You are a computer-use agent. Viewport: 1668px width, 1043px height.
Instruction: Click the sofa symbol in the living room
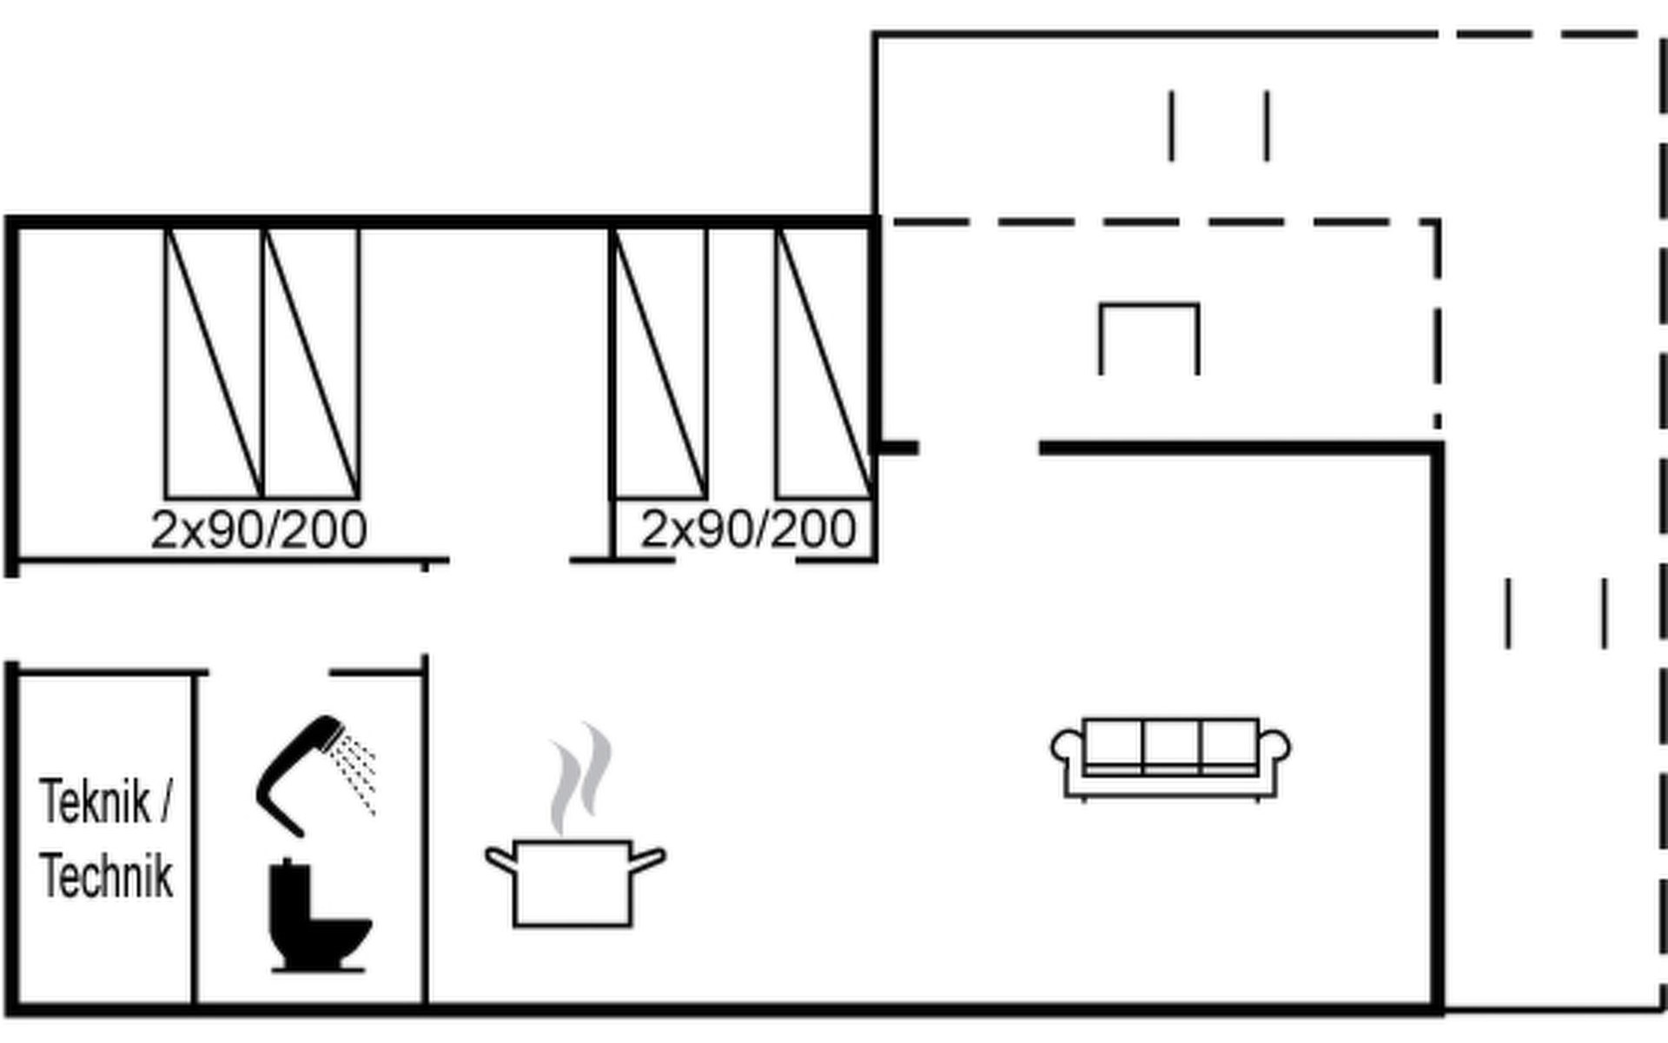click(x=1170, y=758)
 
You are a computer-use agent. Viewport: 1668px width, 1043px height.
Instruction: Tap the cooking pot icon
click(x=573, y=882)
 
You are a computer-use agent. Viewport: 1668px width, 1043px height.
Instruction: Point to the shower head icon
click(x=300, y=769)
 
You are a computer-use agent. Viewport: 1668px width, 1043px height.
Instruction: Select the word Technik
click(x=106, y=876)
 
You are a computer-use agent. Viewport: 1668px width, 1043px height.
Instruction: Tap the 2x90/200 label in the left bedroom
click(x=259, y=530)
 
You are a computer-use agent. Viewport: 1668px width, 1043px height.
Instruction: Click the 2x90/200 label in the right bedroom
click(x=748, y=529)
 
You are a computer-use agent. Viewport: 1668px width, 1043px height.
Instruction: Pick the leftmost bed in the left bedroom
click(x=214, y=363)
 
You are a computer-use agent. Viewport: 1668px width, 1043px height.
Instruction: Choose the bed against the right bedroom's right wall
click(x=824, y=363)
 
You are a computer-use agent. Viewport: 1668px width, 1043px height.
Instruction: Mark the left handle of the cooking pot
click(x=500, y=859)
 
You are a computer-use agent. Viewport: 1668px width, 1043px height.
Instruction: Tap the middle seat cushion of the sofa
click(x=1171, y=744)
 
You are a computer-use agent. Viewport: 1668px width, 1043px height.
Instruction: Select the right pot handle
click(x=647, y=859)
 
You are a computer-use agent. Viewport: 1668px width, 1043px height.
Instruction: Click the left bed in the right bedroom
click(x=660, y=363)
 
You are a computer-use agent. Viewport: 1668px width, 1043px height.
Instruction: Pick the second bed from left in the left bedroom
click(x=311, y=363)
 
